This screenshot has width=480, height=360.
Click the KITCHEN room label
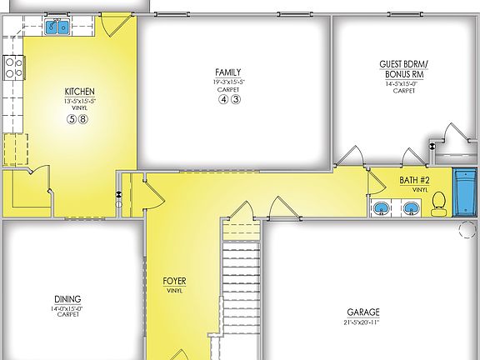79,92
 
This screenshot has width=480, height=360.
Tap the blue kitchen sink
57,27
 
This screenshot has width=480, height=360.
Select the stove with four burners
12,66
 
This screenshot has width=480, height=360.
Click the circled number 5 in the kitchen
72,119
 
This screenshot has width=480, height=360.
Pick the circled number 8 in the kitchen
83,119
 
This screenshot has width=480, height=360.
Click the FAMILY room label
228,73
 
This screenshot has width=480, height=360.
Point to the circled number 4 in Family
223,99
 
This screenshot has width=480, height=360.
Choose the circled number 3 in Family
235,99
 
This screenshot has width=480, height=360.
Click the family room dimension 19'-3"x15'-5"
228,82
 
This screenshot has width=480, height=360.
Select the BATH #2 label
413,180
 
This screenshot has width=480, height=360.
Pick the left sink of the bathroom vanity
380,208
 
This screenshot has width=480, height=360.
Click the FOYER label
174,282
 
